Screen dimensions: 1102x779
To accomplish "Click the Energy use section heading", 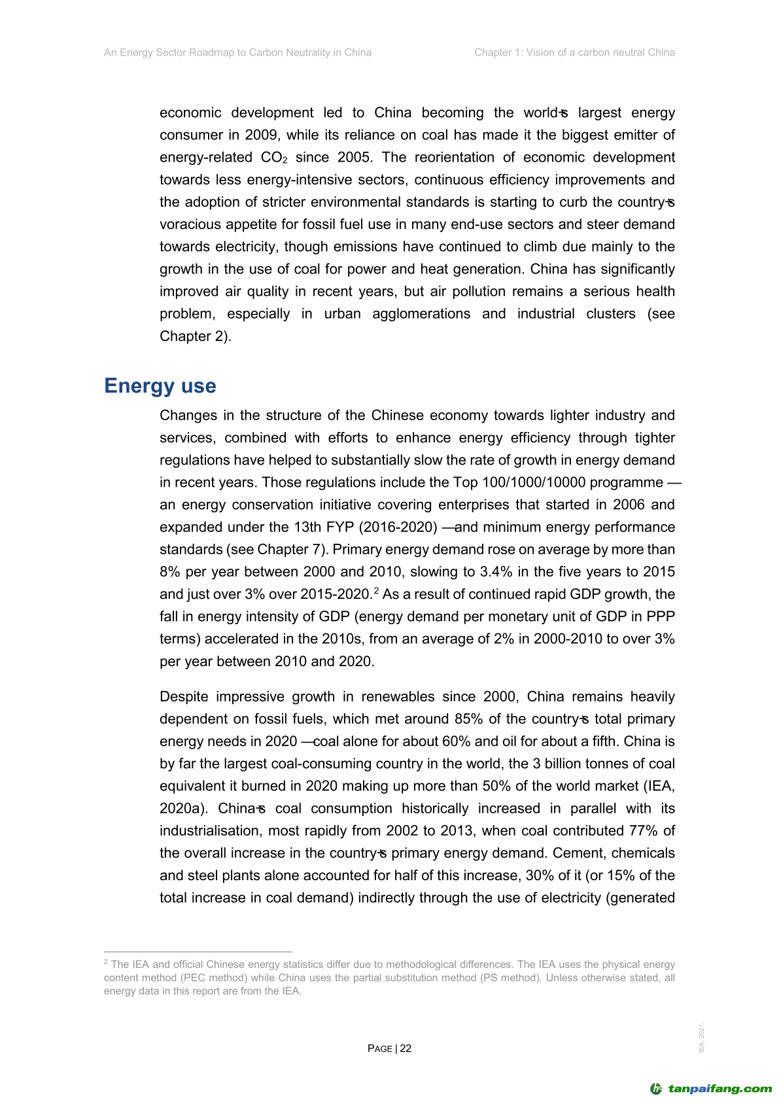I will (x=160, y=385).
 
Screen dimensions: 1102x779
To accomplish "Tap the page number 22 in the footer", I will (x=406, y=1048).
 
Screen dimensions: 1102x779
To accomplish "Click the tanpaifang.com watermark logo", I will (x=711, y=1089).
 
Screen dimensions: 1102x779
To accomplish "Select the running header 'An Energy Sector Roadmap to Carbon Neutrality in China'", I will (x=237, y=52).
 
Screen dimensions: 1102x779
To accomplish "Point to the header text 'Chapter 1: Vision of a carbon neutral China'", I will (x=574, y=52).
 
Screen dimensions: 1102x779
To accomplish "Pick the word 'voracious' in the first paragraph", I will (x=190, y=224).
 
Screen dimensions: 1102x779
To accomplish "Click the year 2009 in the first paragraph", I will (x=261, y=135).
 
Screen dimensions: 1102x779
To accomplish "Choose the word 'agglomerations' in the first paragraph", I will (x=421, y=314).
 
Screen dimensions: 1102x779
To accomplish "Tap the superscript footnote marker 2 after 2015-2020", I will (x=377, y=591).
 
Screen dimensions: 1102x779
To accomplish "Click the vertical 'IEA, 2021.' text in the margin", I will (x=702, y=1038).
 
